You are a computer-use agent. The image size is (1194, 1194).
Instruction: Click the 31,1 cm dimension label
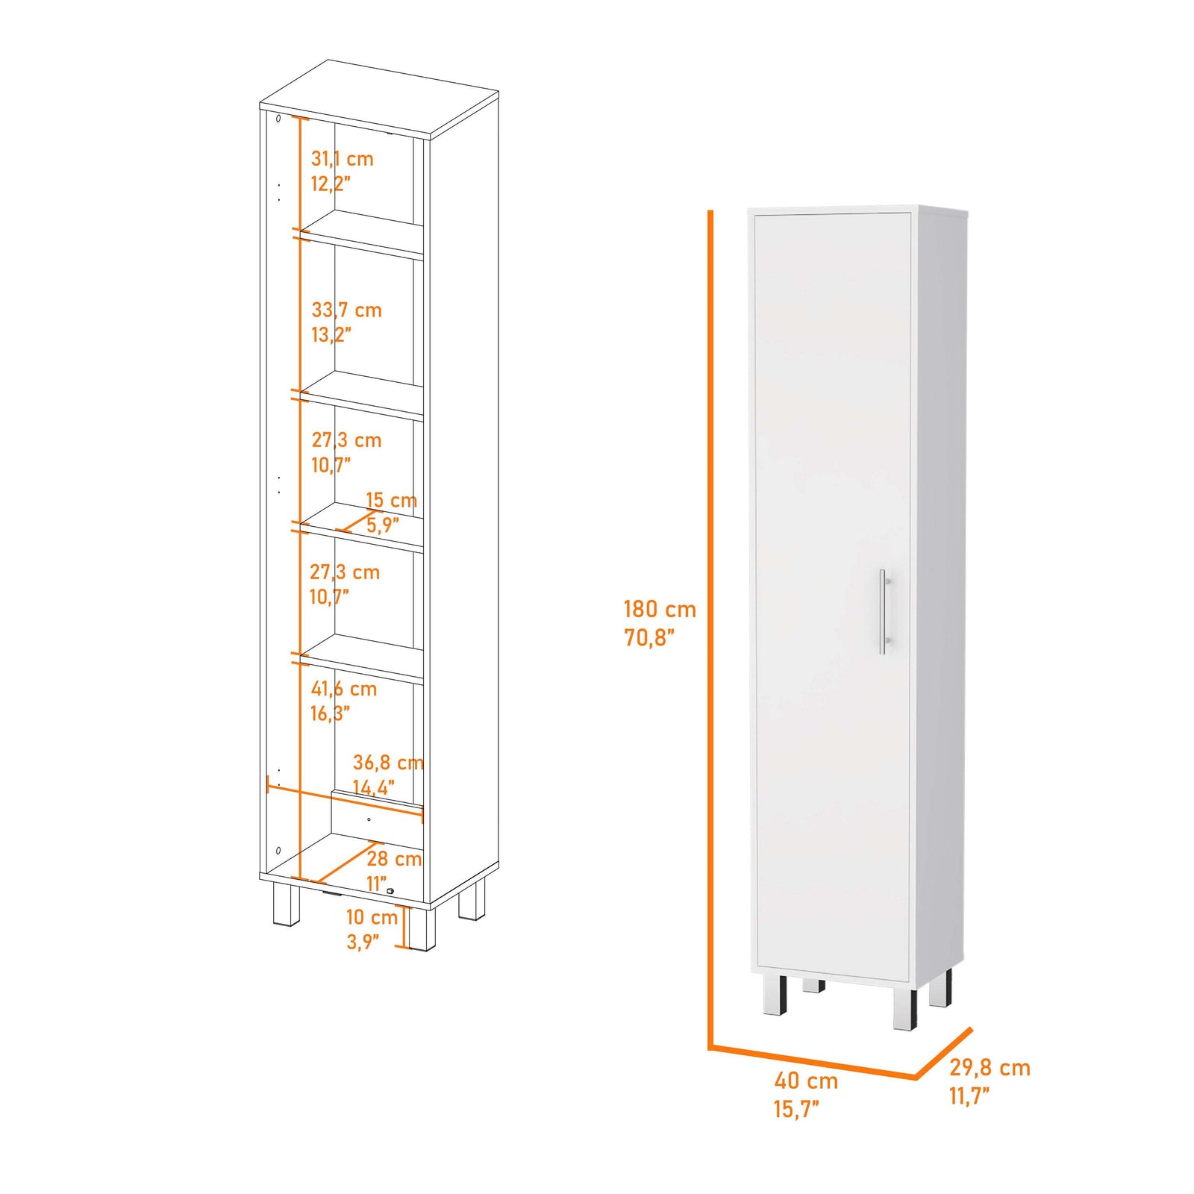pyautogui.click(x=342, y=159)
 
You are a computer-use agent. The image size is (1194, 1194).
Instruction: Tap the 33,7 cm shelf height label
pyautogui.click(x=346, y=310)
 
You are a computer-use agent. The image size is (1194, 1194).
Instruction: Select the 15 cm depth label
pyautogui.click(x=391, y=500)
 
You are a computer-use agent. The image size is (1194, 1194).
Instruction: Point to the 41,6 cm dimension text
pyautogui.click(x=343, y=689)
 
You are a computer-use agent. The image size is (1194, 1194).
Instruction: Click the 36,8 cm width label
pyautogui.click(x=388, y=763)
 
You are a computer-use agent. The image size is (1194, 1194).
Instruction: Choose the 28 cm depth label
pyautogui.click(x=394, y=859)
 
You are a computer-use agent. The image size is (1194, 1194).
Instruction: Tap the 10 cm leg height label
pyautogui.click(x=372, y=917)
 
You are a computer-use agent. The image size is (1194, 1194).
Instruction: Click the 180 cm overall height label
pyautogui.click(x=660, y=610)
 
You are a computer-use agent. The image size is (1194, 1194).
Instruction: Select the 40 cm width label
pyautogui.click(x=806, y=1081)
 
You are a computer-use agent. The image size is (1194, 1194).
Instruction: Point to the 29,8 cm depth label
pyautogui.click(x=990, y=1068)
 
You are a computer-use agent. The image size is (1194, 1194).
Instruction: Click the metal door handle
pyautogui.click(x=883, y=612)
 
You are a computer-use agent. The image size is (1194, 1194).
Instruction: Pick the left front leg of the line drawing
pyautogui.click(x=285, y=904)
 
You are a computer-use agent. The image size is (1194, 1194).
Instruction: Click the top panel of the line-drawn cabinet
pyautogui.click(x=379, y=99)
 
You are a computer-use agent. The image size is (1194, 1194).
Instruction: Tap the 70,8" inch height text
pyautogui.click(x=649, y=638)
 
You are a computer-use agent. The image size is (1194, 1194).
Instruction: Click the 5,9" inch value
pyautogui.click(x=382, y=525)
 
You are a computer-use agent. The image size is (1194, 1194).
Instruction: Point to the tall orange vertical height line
pyautogui.click(x=710, y=627)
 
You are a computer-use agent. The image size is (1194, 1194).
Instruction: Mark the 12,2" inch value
pyautogui.click(x=331, y=184)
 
